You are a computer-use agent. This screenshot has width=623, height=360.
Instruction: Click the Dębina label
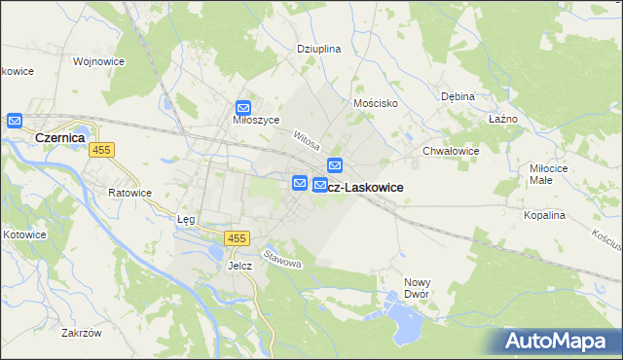(458, 96)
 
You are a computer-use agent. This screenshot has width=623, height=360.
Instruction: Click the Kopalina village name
(545, 215)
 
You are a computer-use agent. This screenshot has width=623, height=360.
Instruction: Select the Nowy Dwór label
(417, 288)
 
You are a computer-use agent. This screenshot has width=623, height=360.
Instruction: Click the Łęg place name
(186, 220)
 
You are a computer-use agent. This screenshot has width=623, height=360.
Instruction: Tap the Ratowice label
(129, 193)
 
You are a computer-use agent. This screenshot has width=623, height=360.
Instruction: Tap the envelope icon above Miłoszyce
(243, 108)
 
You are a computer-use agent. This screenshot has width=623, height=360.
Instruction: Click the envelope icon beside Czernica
(15, 121)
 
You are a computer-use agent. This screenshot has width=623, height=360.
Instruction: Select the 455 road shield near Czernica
(100, 151)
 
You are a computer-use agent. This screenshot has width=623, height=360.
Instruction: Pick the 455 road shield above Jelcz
(237, 238)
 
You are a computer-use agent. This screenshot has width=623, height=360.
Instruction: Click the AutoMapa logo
(561, 341)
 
